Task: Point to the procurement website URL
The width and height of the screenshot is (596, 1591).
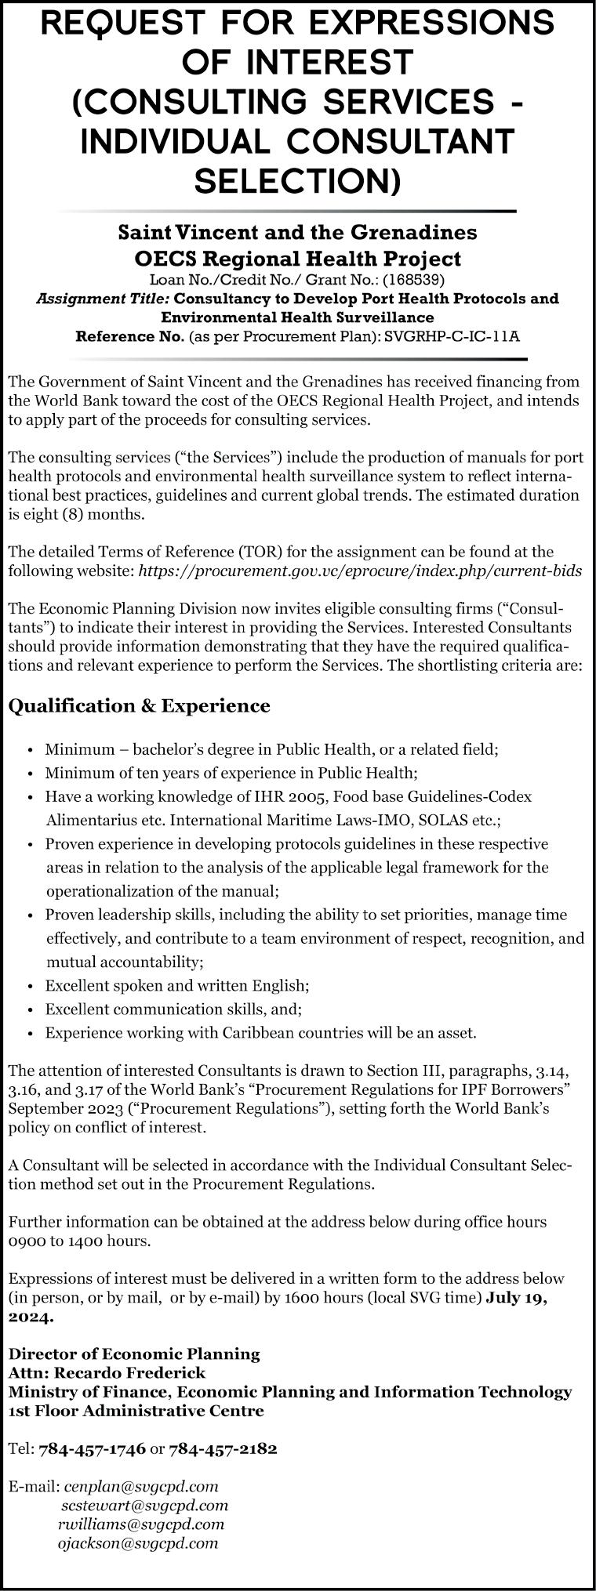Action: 360,571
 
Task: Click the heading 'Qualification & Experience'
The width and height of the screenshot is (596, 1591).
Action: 139,706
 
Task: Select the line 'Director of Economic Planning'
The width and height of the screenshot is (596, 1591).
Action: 134,1354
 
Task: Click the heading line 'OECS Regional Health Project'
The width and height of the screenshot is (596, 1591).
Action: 297,258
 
